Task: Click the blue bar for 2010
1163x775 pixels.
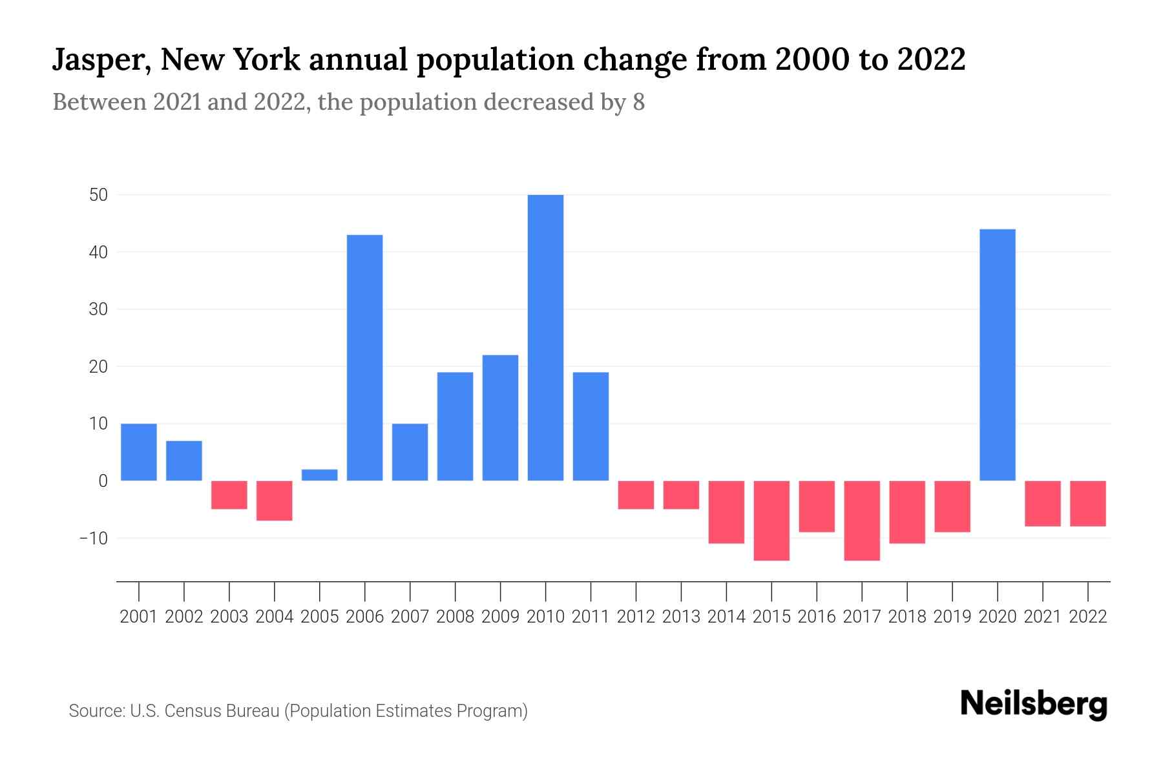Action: coord(545,337)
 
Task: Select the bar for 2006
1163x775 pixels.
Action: coord(364,357)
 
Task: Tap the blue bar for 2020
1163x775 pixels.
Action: coord(997,355)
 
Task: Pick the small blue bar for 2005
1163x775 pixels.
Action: coord(319,475)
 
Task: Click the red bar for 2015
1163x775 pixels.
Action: coord(771,521)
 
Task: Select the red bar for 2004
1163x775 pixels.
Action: coord(274,501)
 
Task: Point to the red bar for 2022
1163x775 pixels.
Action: coord(1087,503)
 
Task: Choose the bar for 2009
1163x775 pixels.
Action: coord(500,417)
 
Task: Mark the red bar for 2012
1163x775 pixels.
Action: coord(636,495)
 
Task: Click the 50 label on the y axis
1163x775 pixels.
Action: coord(98,195)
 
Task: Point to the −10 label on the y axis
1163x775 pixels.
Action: coord(93,538)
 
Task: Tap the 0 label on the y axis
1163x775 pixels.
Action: coord(103,481)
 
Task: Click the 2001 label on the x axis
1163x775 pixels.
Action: coord(138,617)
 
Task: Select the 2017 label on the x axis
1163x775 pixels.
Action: coord(861,617)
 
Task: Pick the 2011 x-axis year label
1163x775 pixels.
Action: coord(591,617)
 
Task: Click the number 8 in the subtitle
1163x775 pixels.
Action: coord(638,102)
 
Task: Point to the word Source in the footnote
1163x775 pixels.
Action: coord(96,711)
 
